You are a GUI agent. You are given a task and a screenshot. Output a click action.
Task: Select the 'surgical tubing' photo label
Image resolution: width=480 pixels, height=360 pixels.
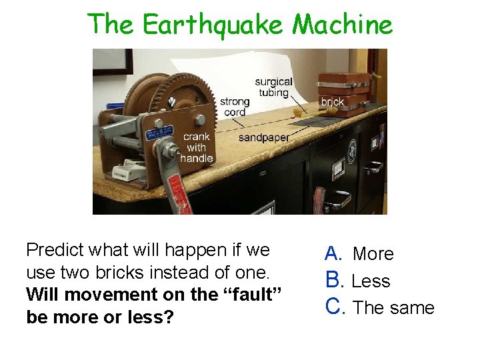[273, 87]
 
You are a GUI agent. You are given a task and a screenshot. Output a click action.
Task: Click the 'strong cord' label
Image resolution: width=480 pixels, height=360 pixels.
[235, 107]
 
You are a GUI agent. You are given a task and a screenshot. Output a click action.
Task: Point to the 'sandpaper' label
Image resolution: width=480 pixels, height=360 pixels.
[263, 137]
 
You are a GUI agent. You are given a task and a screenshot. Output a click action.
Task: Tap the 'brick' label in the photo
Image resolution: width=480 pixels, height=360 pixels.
[333, 102]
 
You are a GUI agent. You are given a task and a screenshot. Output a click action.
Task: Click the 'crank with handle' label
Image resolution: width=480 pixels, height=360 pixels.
[197, 147]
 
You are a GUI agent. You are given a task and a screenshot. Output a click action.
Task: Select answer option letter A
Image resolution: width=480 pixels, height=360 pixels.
[333, 253]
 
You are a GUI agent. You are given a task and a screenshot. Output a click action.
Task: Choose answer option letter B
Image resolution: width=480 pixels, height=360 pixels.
[333, 281]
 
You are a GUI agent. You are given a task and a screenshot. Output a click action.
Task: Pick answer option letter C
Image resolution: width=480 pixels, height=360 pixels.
[333, 307]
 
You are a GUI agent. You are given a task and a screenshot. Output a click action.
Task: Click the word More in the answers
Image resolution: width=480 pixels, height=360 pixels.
[373, 254]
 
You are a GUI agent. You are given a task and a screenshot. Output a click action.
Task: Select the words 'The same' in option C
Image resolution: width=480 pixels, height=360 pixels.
[393, 307]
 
